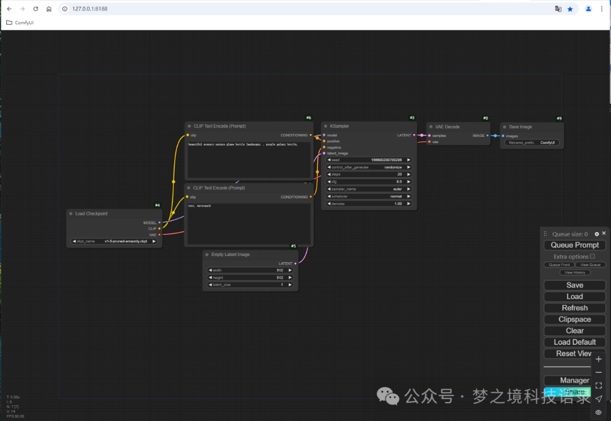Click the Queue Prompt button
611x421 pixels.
pos(575,245)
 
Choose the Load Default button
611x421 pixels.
pos(575,342)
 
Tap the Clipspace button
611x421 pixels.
pos(575,319)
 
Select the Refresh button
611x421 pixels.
pos(575,308)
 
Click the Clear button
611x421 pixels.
pos(575,331)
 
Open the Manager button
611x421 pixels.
pos(575,380)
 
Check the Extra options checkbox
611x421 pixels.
pos(592,256)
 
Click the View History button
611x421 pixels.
pos(575,272)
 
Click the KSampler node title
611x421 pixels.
pos(340,126)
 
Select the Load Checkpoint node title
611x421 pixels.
pos(91,214)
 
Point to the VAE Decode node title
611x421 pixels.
pos(448,127)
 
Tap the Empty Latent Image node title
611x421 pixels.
pos(230,254)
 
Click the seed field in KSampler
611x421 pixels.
pos(369,160)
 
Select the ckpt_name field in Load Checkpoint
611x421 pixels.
pos(114,241)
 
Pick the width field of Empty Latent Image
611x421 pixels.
pos(251,270)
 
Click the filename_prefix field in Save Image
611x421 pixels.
pos(532,143)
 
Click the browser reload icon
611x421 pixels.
pos(36,9)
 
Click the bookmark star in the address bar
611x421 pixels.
pos(570,9)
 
